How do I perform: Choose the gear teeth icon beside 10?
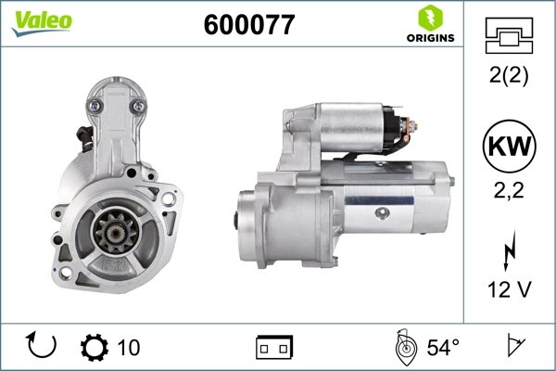95,348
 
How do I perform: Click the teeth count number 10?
130,348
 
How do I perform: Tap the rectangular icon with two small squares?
273,348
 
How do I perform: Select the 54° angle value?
443,348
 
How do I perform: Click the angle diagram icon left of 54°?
405,347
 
